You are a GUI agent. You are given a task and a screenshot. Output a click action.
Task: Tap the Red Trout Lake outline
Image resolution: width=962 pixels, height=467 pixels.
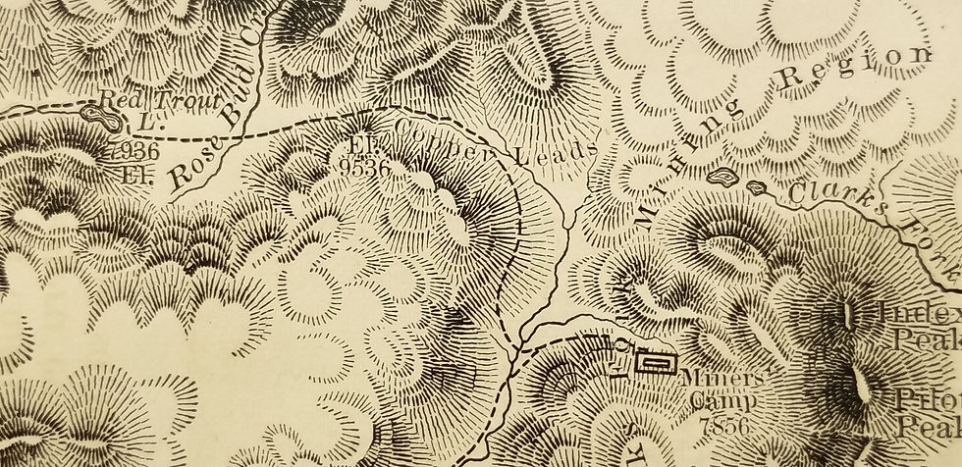103,117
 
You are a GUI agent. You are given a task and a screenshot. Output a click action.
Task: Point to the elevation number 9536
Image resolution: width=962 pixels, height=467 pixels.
369,167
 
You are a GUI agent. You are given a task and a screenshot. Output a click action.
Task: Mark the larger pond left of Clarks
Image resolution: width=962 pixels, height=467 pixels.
721,178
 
